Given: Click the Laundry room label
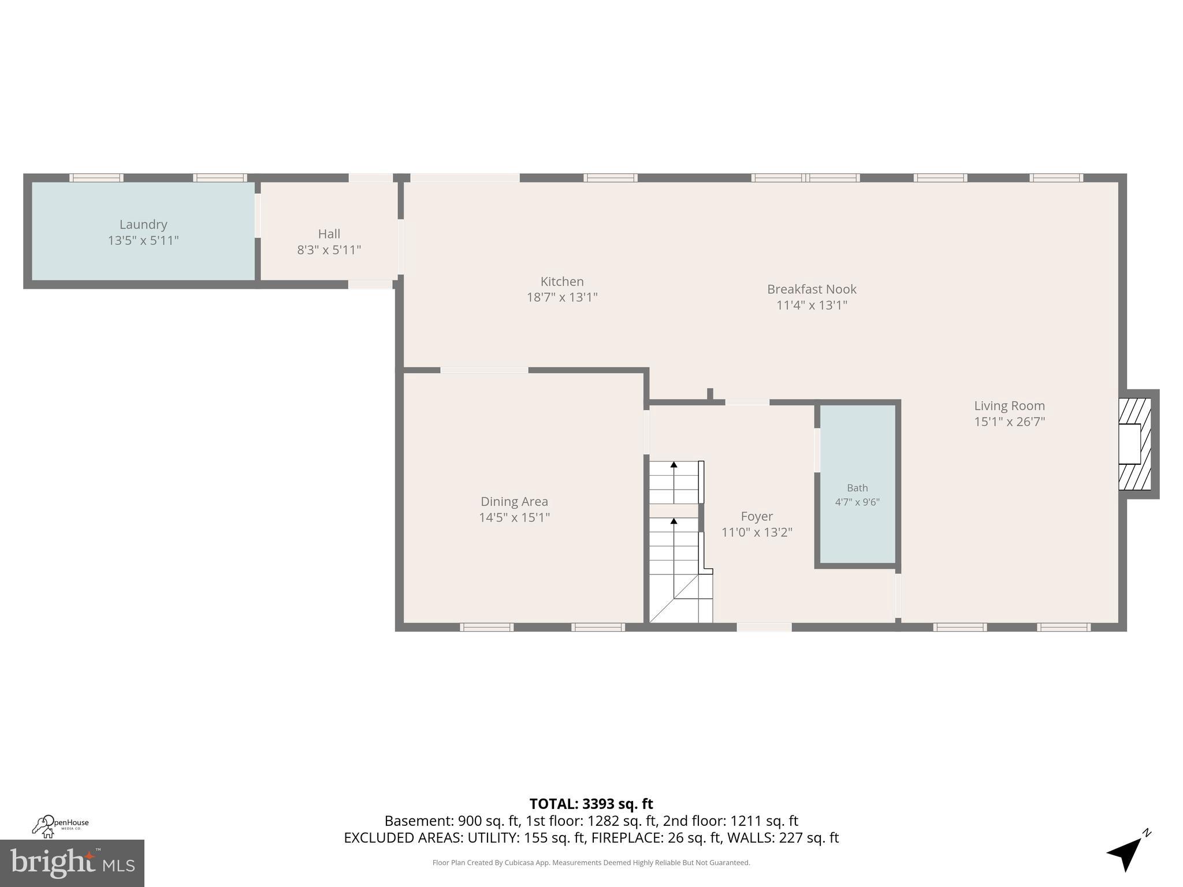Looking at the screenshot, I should [143, 225].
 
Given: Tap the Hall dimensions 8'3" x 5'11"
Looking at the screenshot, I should [329, 250].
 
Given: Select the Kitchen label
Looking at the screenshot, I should [562, 282].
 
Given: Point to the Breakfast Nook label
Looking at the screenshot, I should [811, 289].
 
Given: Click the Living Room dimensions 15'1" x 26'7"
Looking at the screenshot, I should [1009, 422].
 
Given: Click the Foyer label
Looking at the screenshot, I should [756, 516].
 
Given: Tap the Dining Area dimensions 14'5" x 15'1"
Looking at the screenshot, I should [514, 517].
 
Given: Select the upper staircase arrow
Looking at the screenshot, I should [674, 464].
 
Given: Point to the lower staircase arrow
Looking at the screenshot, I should [674, 521].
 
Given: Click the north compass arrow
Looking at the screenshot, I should [1127, 853].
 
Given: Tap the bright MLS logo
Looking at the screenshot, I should [72, 863].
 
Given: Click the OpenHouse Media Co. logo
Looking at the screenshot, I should [60, 826].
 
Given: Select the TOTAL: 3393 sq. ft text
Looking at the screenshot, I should [591, 804].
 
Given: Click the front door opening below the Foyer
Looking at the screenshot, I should [764, 627].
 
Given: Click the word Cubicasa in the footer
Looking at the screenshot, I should [518, 863].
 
